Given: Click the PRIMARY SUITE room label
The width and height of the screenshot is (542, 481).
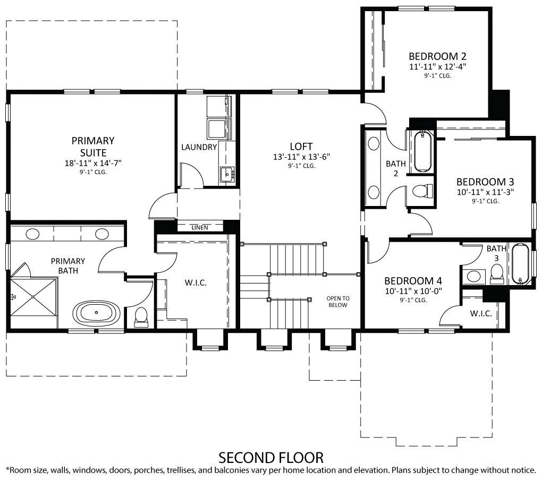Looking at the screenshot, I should click(93, 147).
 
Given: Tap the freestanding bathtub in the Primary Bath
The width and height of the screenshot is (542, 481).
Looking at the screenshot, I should click(96, 312).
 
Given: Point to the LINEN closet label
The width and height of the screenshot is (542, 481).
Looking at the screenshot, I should click(199, 227).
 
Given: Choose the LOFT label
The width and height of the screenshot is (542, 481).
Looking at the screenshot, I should click(301, 146).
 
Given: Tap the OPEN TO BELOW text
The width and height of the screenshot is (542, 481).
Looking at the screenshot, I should click(338, 302).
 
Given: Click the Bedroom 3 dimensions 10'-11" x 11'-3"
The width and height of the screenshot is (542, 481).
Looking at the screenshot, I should click(485, 192).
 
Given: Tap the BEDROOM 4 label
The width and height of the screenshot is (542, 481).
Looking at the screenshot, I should click(413, 281).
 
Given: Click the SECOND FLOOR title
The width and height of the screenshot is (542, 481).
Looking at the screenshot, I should click(271, 457).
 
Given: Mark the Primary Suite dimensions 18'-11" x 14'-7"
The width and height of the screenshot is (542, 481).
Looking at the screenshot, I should click(93, 163).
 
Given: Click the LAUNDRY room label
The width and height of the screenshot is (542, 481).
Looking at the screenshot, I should click(199, 147).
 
